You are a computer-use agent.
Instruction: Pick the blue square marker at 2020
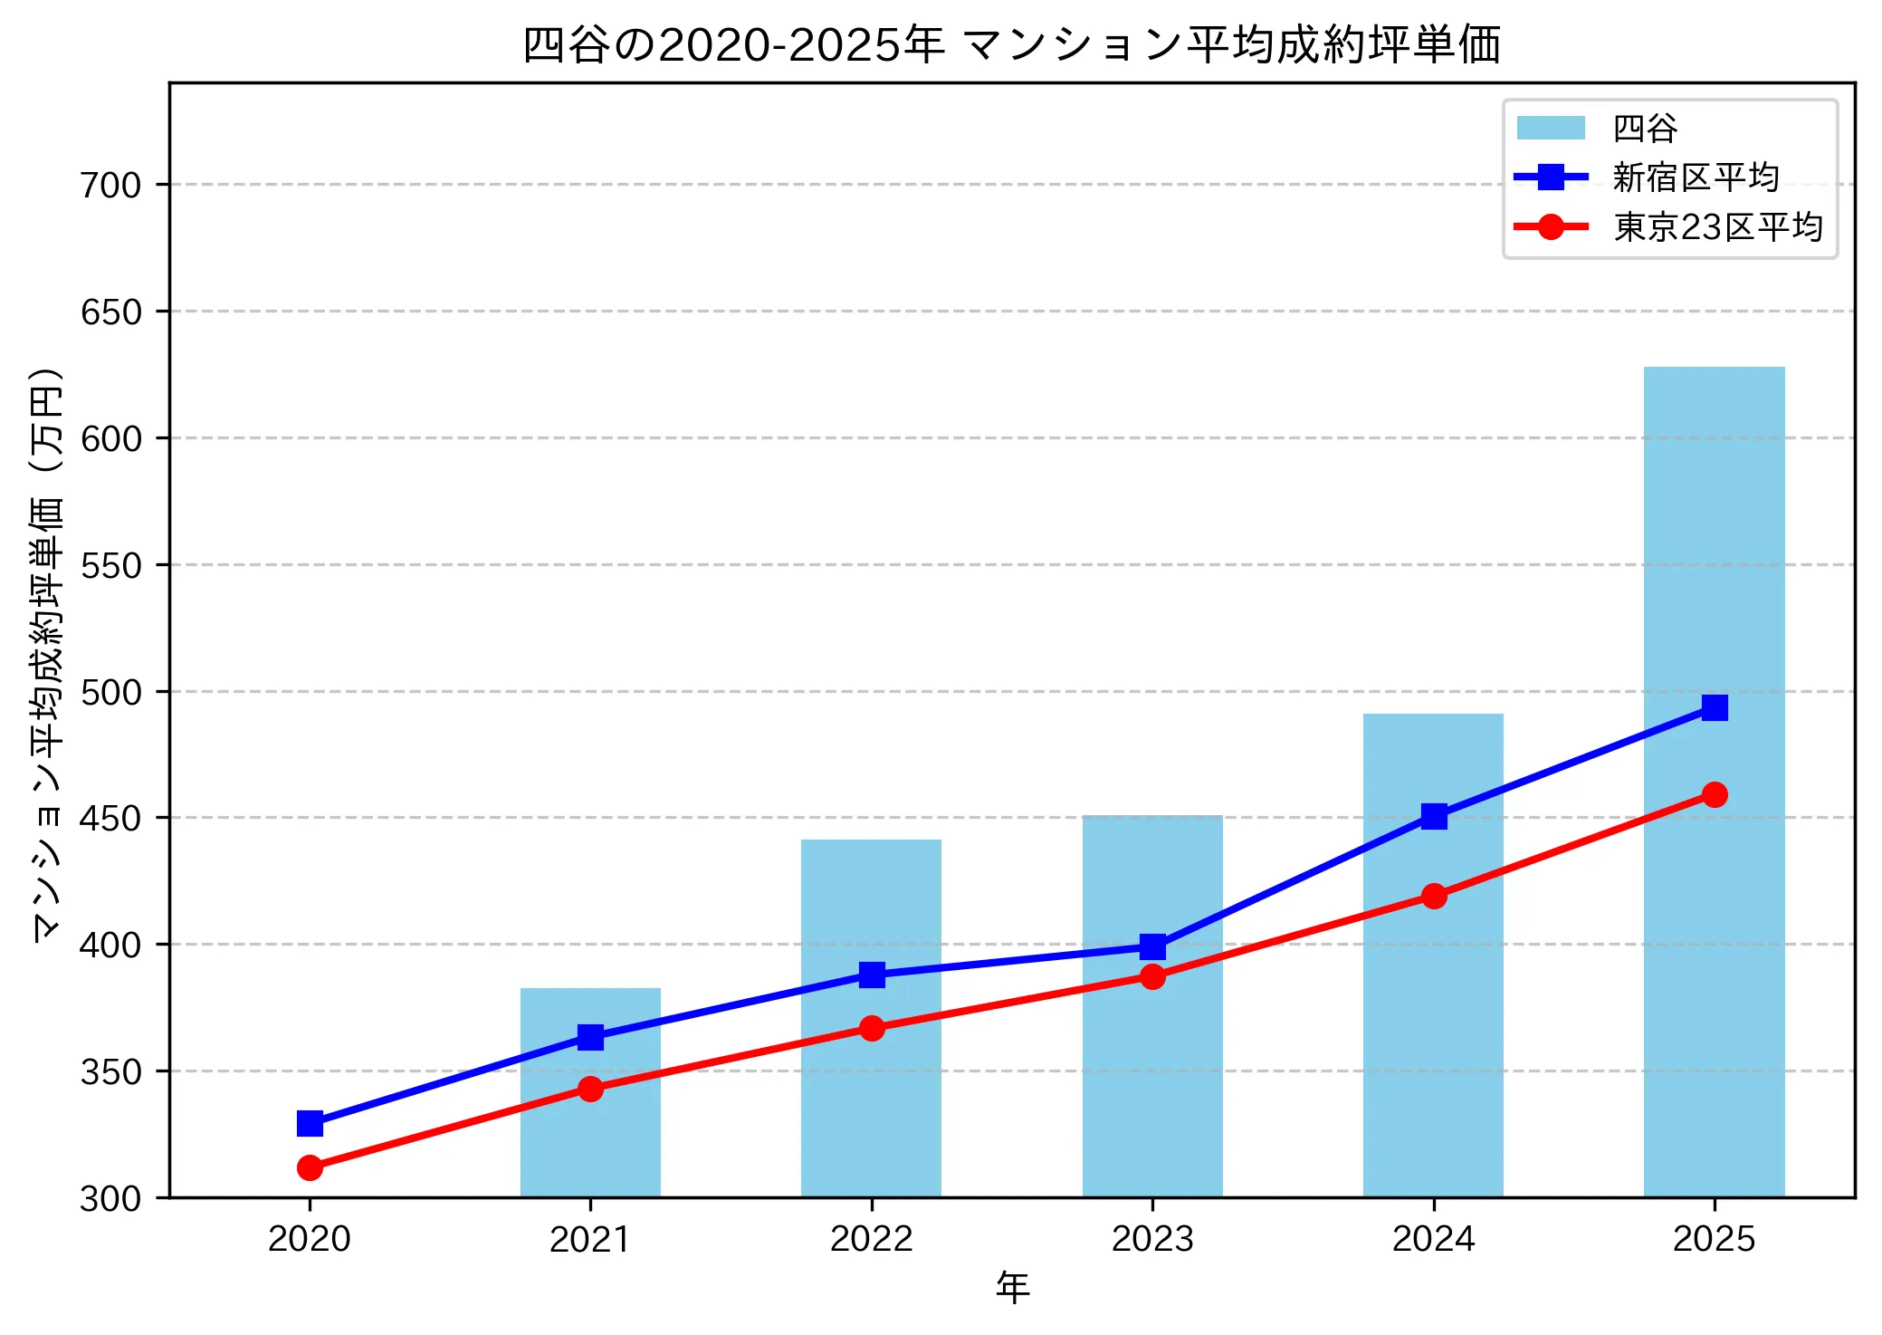(x=310, y=1123)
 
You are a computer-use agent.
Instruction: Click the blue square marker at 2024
(x=1433, y=816)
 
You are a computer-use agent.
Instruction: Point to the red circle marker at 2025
(x=1714, y=794)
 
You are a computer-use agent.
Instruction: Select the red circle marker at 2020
(x=310, y=1167)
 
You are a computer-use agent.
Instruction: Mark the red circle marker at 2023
(x=1152, y=976)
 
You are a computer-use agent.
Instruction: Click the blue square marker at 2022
(x=872, y=975)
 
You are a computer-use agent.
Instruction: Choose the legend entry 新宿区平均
(x=1696, y=178)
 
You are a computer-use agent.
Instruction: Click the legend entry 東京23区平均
(x=1717, y=226)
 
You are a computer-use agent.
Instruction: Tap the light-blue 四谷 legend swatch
(x=1551, y=129)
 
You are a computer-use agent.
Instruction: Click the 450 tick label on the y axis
(x=111, y=818)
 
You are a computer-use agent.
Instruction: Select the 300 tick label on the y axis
(x=111, y=1198)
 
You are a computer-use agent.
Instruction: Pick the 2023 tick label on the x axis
(x=1152, y=1238)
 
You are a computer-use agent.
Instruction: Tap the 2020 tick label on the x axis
(x=310, y=1238)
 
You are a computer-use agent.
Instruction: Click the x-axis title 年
(x=1012, y=1287)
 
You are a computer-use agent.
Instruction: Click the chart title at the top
(x=1012, y=44)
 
